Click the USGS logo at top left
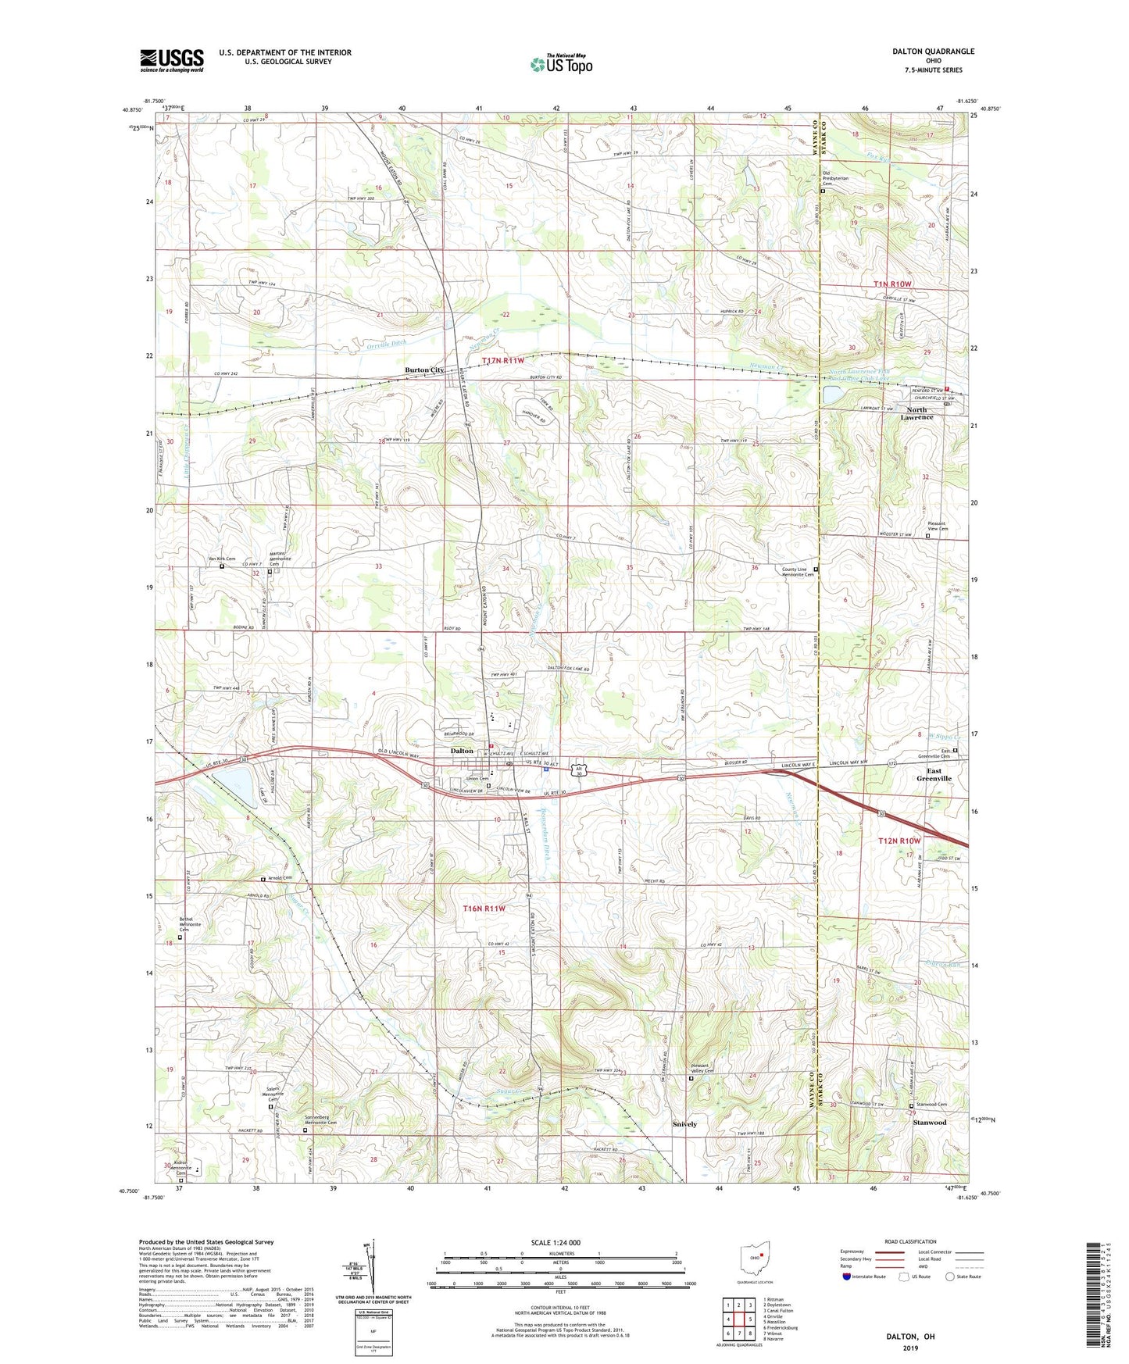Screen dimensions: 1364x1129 pyautogui.click(x=171, y=60)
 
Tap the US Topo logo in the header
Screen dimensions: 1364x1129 pyautogui.click(x=561, y=64)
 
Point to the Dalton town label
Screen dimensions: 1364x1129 pyautogui.click(x=462, y=751)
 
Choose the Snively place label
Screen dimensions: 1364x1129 pyautogui.click(x=685, y=1124)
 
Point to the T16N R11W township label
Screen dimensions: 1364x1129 pyautogui.click(x=484, y=909)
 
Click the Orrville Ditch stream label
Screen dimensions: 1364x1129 pyautogui.click(x=386, y=343)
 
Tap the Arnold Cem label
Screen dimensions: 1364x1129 pyautogui.click(x=280, y=877)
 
